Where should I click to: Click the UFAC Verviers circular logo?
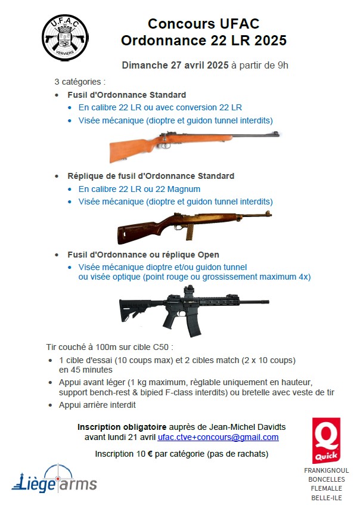(65, 36)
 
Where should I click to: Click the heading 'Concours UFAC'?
(203, 24)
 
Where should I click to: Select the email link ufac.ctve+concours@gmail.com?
(218, 437)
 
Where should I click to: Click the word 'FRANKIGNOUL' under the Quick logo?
(326, 470)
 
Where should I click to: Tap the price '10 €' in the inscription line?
(144, 454)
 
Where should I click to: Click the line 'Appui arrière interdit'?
(97, 405)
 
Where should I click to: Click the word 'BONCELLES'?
(326, 479)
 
